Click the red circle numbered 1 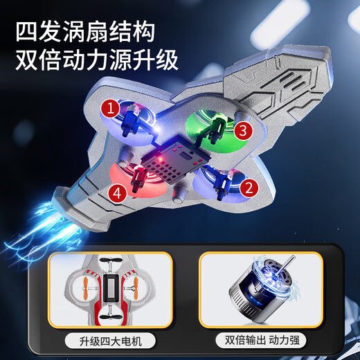[x=109, y=108]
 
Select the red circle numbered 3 [x=241, y=129]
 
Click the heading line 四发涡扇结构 [x=85, y=30]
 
